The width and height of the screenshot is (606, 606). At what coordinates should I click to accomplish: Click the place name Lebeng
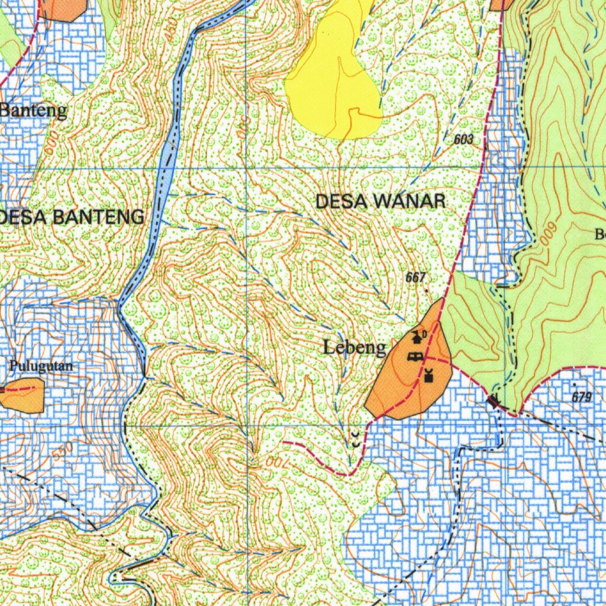point(354,347)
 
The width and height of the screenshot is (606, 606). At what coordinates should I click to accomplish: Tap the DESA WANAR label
point(381,201)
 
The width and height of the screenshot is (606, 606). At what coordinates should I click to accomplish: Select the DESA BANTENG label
point(71,217)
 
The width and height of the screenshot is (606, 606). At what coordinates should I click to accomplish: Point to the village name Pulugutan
point(41,366)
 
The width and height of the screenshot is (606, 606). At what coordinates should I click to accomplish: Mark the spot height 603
point(464,140)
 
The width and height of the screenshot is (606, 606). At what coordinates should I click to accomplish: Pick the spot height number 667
point(415,277)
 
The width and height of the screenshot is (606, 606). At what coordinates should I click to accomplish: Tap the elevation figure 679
point(581,398)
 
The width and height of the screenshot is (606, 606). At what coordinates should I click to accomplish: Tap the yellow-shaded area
point(334,77)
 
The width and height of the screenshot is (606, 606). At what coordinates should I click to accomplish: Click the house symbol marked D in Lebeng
point(418,337)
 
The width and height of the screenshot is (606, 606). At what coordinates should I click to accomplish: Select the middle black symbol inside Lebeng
point(415,357)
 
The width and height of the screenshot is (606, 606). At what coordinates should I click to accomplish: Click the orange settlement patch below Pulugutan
point(24,395)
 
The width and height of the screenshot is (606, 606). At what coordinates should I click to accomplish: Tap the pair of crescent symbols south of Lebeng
point(354,439)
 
